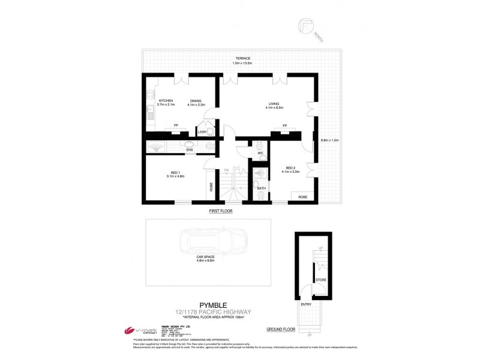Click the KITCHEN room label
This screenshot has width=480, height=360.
coord(166,100)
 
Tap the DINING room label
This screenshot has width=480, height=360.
coord(196,100)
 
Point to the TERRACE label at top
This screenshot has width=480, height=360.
coord(243,58)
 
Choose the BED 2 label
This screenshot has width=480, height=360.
coord(290,167)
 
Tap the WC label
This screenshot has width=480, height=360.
coord(260,153)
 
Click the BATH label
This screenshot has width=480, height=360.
coord(261,188)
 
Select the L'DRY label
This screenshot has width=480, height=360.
coord(202,131)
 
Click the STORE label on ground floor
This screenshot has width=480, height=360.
coord(321,280)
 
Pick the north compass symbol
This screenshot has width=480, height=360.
coord(307,26)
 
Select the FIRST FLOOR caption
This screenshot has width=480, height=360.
coord(221,211)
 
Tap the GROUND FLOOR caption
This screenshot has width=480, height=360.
coord(281,329)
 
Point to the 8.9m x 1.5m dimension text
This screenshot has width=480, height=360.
coord(330,140)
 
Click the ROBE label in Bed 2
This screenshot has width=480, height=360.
coord(303,196)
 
